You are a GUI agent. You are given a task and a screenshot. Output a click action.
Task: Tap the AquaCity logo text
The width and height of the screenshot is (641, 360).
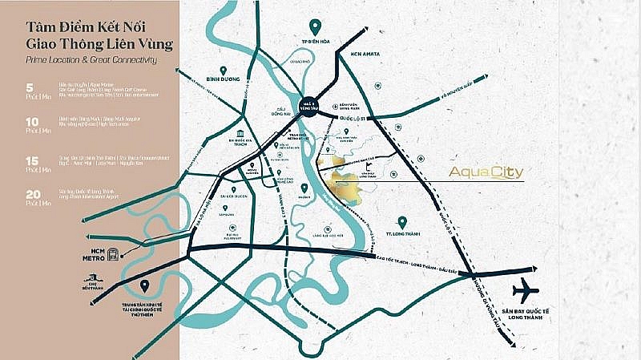[480, 172]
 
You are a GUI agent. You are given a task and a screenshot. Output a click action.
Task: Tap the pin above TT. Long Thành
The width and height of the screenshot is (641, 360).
[401, 221]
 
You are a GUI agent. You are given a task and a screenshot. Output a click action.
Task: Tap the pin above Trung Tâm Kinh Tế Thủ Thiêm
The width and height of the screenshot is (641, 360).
[143, 285]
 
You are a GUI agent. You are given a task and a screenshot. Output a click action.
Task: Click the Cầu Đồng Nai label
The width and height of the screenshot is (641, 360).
[280, 115]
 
